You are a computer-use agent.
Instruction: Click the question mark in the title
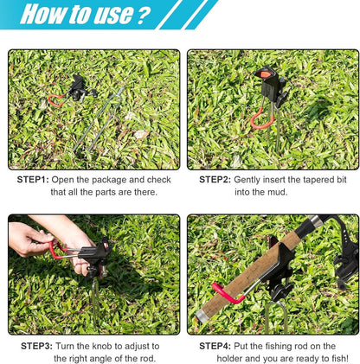pyautogui.click(x=144, y=15)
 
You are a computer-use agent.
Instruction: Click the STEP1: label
pyautogui.click(x=33, y=180)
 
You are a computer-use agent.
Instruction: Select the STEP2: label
pyautogui.click(x=215, y=180)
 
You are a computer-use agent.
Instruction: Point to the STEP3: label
pyautogui.click(x=36, y=346)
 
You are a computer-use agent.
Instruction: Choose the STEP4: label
pyautogui.click(x=215, y=346)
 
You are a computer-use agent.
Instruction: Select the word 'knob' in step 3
pyautogui.click(x=112, y=346)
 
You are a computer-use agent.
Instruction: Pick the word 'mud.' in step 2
pyautogui.click(x=278, y=192)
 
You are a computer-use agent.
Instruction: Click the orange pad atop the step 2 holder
pyautogui.click(x=265, y=74)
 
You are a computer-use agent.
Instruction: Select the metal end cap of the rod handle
pyautogui.click(x=202, y=316)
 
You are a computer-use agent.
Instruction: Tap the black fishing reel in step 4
pyautogui.click(x=345, y=253)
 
